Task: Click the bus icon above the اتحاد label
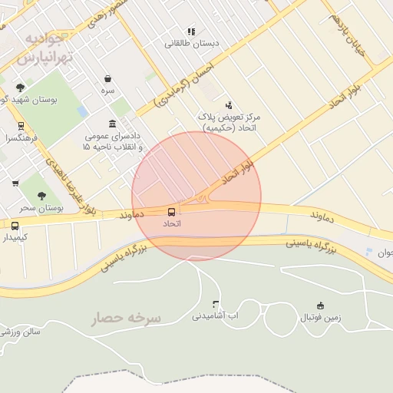click(171, 211)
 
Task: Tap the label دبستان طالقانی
click(192, 44)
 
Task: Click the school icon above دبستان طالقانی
click(191, 31)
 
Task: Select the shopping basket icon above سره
click(107, 78)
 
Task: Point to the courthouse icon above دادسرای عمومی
click(113, 124)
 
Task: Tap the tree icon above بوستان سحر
click(41, 196)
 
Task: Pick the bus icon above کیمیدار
click(15, 226)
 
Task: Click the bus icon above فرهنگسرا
click(21, 127)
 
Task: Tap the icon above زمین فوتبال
click(320, 305)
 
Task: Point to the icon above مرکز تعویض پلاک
click(229, 105)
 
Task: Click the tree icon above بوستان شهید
click(20, 88)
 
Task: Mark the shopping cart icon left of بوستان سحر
click(15, 183)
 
